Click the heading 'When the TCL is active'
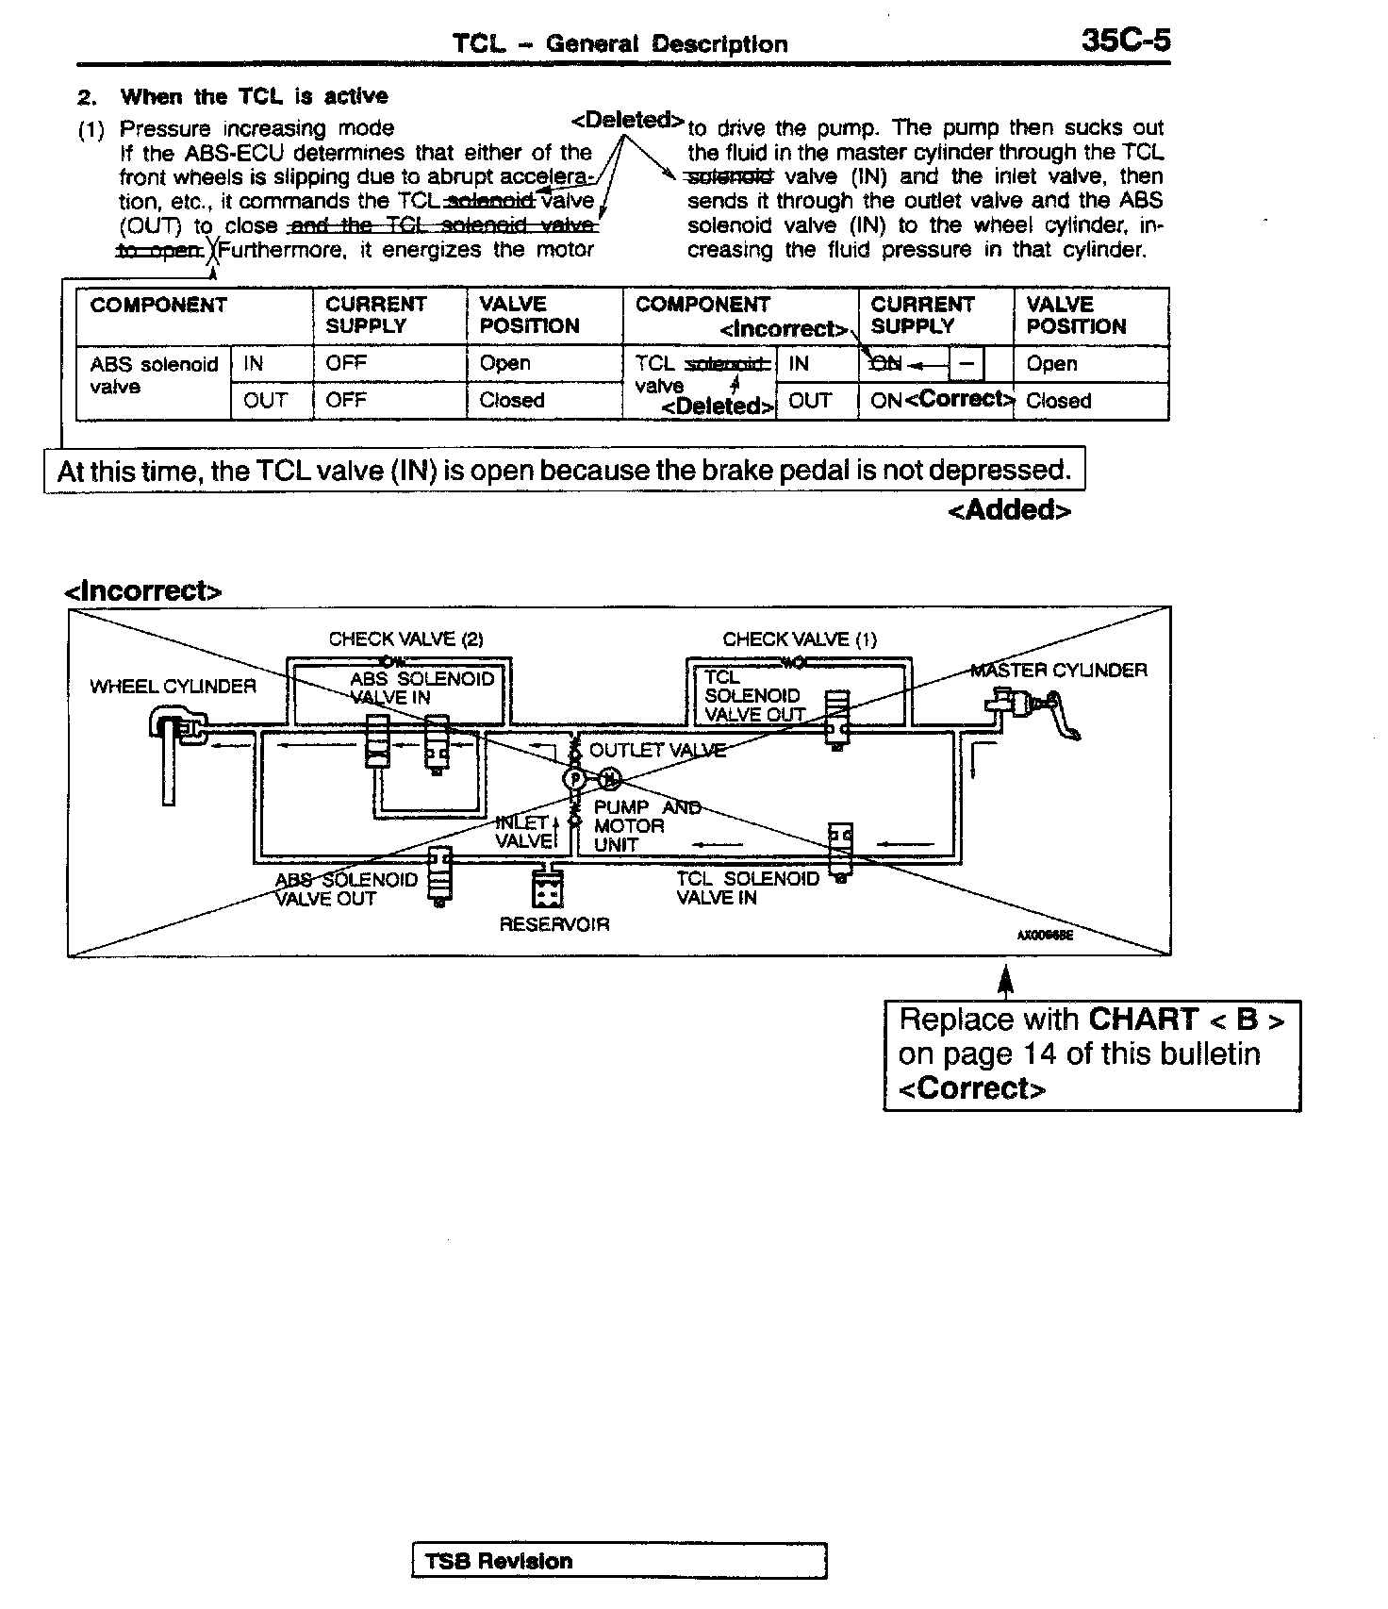pos(254,96)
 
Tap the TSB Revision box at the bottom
pos(619,1561)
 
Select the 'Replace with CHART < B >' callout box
pos(1092,1054)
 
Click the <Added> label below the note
pos(1009,510)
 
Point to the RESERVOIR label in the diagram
pos(554,924)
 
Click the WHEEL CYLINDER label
pos(173,687)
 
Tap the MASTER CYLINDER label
pos(1059,671)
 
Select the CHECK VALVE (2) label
pos(405,639)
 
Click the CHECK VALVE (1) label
pos(800,639)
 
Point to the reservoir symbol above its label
pos(548,889)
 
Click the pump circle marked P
pos(574,779)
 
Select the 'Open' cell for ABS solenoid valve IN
pos(505,363)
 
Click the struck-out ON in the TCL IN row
pos(885,364)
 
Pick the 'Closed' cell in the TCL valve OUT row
pos(1058,401)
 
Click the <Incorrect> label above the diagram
pos(142,591)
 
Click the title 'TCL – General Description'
pos(620,43)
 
